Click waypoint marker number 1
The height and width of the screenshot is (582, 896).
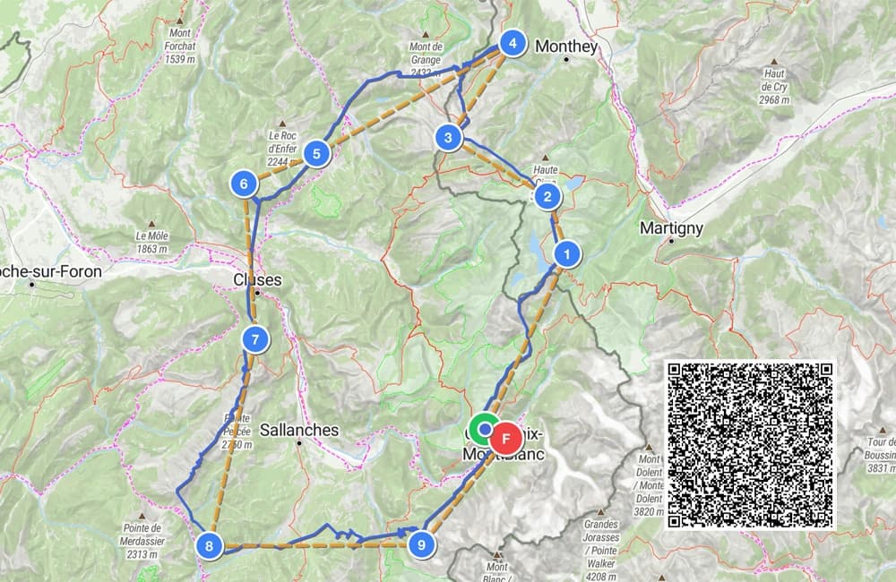(566, 254)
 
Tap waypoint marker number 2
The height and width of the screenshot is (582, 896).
(548, 196)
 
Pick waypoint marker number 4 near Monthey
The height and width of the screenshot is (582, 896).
(512, 43)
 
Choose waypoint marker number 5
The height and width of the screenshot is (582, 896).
(316, 154)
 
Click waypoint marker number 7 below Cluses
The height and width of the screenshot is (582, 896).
(255, 339)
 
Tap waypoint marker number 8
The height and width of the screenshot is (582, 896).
(209, 545)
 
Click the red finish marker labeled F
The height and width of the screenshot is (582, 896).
(507, 438)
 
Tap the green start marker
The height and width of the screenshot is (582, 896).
(484, 430)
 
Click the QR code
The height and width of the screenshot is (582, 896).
(751, 445)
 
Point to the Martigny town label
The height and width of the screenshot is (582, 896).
(671, 228)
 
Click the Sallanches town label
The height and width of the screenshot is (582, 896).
(299, 430)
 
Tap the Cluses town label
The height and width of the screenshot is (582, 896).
(257, 279)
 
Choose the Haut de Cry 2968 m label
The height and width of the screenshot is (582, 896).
(773, 87)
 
